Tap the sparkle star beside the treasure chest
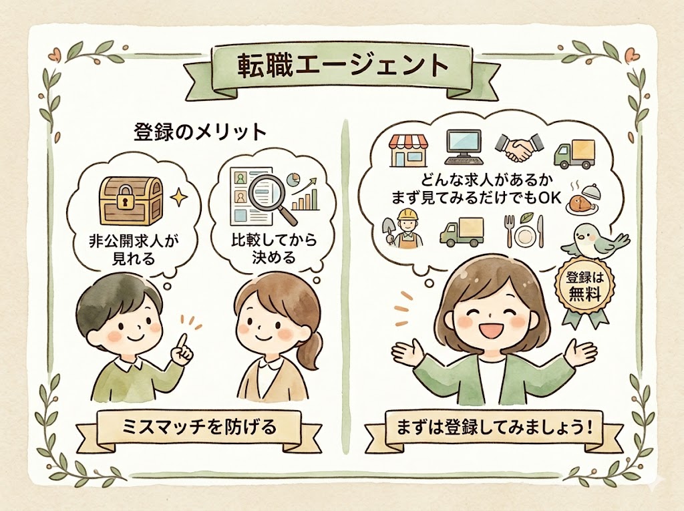(x=178, y=198)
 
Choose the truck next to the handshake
(x=574, y=154)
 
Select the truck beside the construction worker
(x=462, y=231)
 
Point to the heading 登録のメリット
(x=200, y=132)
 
